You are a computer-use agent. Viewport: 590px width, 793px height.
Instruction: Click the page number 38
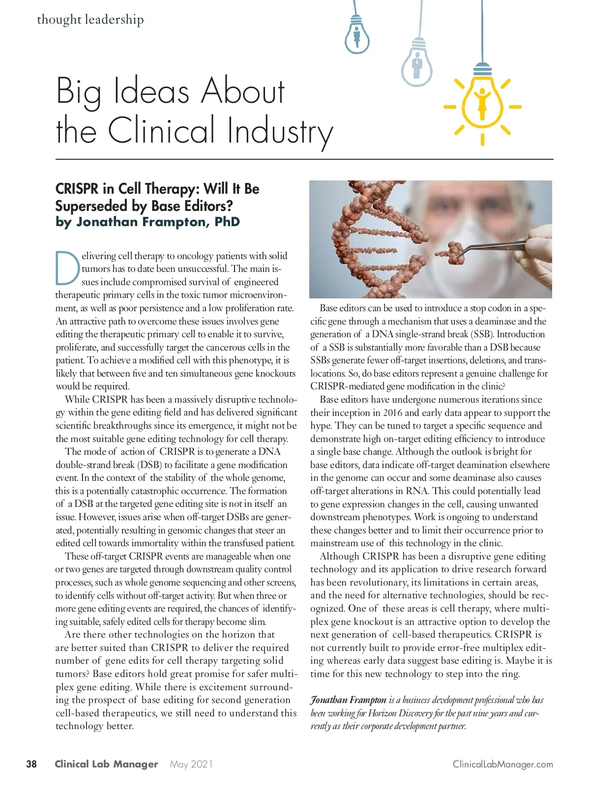31,764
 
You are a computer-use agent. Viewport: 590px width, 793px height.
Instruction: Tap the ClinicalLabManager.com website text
502,764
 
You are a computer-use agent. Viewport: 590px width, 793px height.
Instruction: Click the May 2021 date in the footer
191,764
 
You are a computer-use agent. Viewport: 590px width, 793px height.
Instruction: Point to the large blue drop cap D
67,268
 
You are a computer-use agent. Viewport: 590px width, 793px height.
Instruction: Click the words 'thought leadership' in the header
90,20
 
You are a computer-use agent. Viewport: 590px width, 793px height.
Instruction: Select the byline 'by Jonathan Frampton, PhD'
147,222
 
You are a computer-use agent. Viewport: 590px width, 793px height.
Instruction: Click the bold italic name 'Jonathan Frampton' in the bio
348,700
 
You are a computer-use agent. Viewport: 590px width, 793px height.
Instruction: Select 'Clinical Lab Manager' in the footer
106,764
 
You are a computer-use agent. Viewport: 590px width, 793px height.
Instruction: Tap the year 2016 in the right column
392,412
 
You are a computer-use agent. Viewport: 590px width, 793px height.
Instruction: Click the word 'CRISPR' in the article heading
77,189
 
